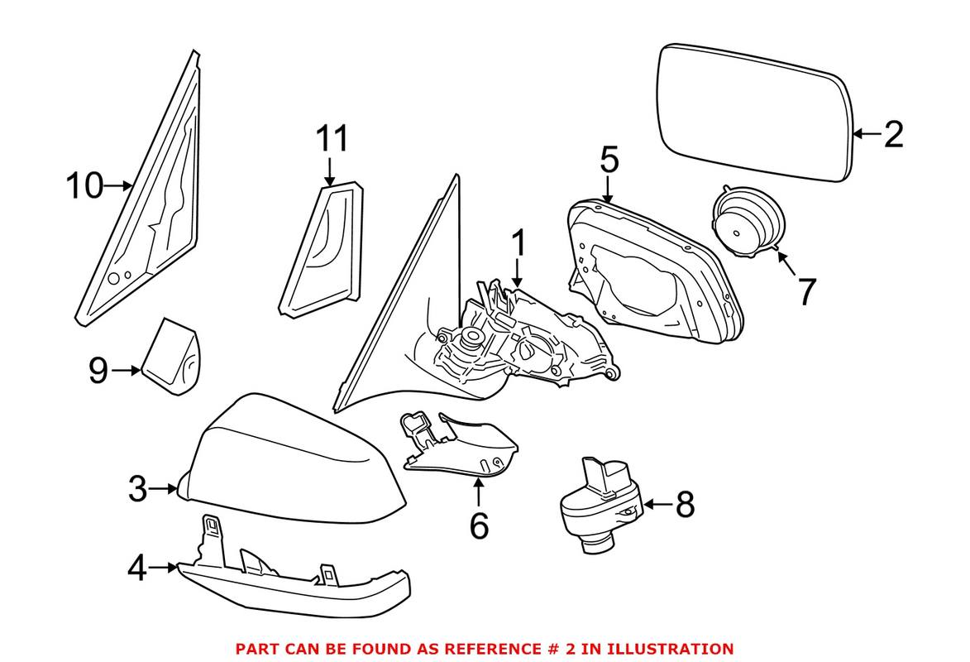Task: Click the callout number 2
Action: [893, 134]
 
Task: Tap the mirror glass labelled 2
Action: [753, 112]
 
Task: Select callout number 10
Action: [84, 186]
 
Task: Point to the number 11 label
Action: [332, 139]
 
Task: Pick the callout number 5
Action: [609, 160]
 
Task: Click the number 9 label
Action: [98, 372]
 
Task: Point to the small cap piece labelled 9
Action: [172, 357]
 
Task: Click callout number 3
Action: [137, 489]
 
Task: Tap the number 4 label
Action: [137, 568]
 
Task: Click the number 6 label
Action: [479, 526]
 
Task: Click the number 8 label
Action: [685, 504]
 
